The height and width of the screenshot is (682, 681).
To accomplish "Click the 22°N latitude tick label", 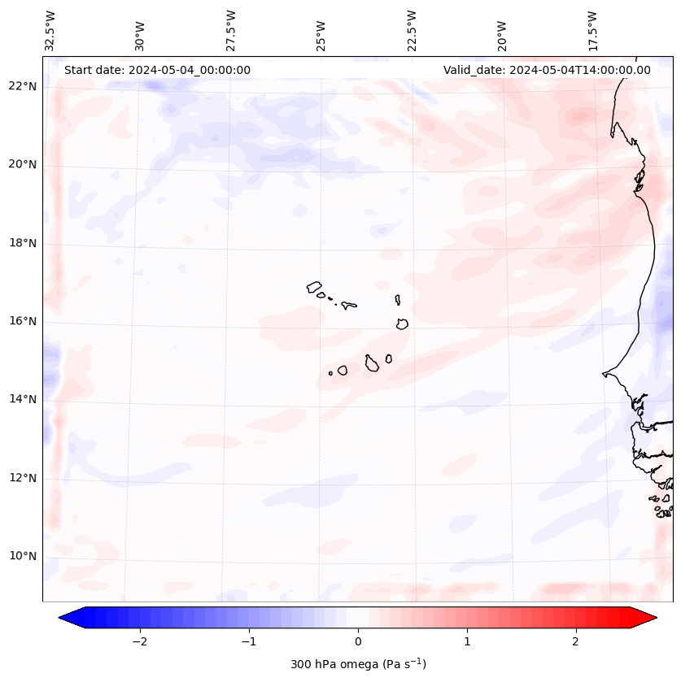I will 23,87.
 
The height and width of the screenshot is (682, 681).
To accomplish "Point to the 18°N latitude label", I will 23,244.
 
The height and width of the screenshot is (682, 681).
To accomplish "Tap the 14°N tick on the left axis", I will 23,400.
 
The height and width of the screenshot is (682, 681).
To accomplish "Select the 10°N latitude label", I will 23,557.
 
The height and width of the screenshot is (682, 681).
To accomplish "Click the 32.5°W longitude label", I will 50,31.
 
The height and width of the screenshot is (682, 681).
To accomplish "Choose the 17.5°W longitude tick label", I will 592,31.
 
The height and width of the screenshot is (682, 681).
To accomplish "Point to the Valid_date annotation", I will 547,70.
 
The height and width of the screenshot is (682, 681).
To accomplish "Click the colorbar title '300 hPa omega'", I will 358,665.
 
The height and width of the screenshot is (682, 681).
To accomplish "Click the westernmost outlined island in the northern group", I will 314,287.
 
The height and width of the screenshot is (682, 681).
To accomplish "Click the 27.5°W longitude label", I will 231,31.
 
